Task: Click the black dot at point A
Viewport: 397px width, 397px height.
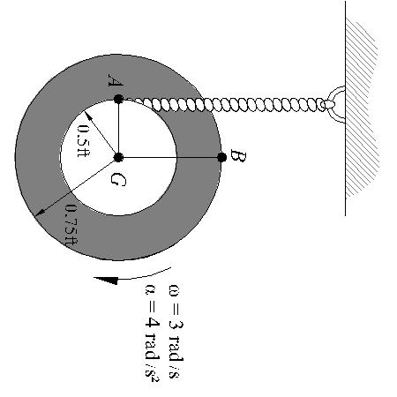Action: (x=118, y=99)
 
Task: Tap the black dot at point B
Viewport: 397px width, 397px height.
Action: (x=222, y=157)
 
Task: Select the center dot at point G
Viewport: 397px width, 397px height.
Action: (x=118, y=157)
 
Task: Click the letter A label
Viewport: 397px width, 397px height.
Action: (x=115, y=80)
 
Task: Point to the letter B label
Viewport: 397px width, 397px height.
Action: (x=237, y=155)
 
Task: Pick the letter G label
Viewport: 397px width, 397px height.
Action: (x=118, y=179)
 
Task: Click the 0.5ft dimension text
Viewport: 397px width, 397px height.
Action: (x=84, y=141)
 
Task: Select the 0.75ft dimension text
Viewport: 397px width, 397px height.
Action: (x=71, y=225)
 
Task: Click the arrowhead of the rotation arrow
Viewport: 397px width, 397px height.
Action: (x=107, y=281)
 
